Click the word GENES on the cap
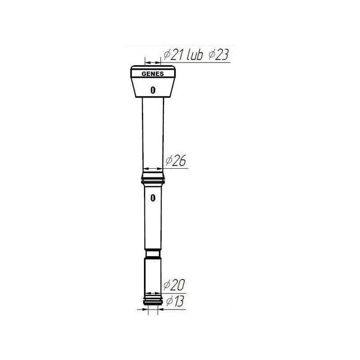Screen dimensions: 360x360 (153, 74)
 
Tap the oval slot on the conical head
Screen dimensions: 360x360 (153, 90)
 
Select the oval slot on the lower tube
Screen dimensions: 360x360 (153, 198)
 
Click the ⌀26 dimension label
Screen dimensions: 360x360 (175, 160)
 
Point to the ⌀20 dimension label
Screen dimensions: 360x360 (174, 285)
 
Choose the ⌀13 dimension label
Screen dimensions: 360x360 (175, 301)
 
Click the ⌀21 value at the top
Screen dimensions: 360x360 (173, 54)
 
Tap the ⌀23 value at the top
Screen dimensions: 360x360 (219, 54)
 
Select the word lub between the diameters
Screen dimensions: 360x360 (195, 54)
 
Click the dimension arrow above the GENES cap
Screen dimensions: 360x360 (153, 62)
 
